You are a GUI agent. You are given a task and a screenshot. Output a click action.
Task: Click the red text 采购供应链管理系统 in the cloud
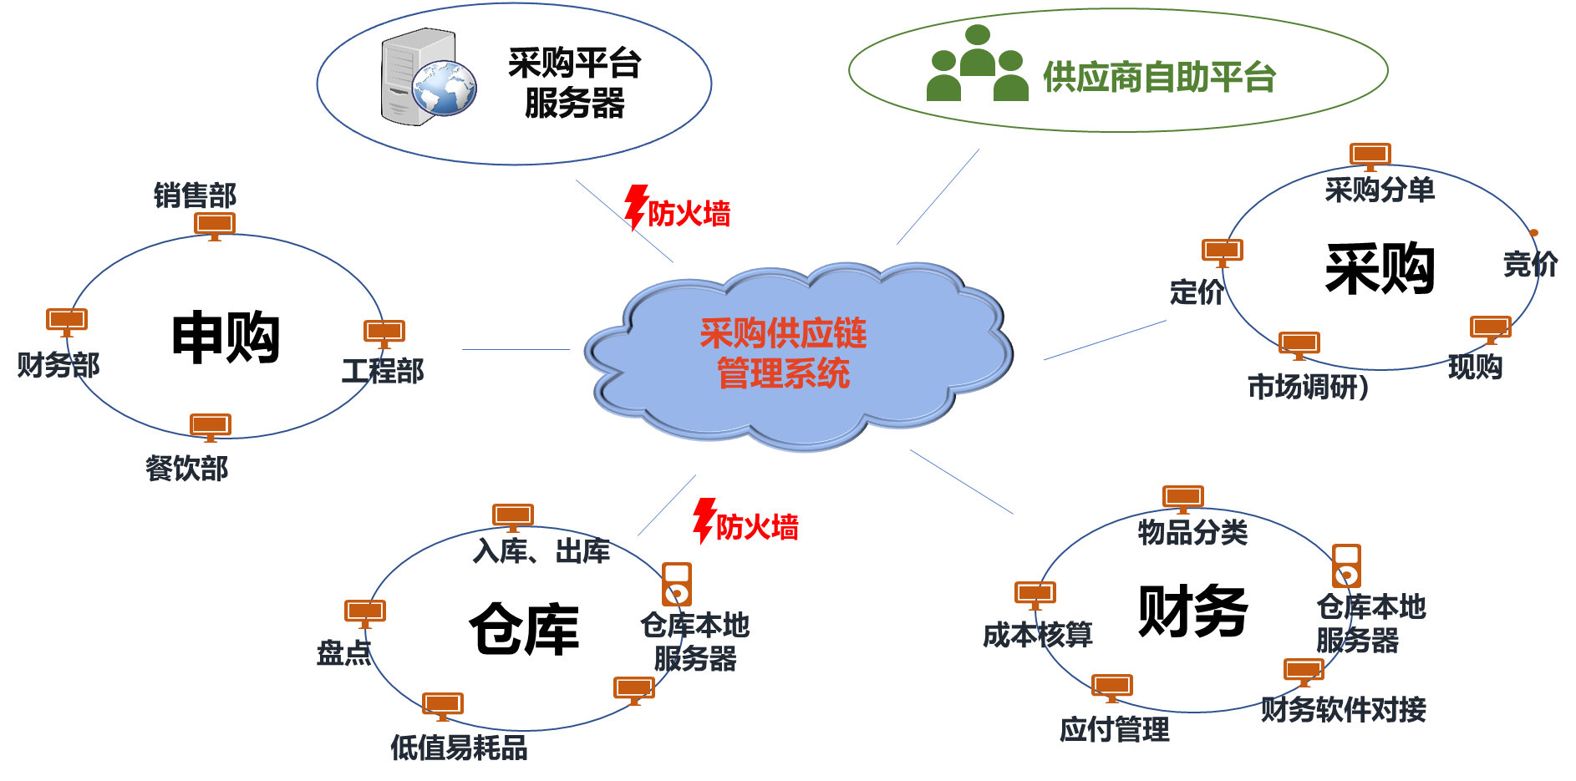pos(783,353)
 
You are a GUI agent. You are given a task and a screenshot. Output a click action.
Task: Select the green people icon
pos(977,64)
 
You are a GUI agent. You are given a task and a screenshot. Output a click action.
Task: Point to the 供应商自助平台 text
pos(1159,78)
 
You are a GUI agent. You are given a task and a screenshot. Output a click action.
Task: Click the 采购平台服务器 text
pos(574,84)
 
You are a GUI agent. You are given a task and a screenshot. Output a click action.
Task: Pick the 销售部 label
pos(195,195)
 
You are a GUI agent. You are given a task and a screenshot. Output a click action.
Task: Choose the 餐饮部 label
pos(187,469)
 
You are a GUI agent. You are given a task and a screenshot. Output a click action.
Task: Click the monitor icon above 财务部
pos(67,322)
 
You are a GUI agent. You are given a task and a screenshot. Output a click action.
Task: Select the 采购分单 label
pos(1380,190)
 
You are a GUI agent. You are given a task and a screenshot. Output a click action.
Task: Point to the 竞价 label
pos(1530,265)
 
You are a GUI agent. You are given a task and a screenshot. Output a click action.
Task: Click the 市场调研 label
pos(1307,387)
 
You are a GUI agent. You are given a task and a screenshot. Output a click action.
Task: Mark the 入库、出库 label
pos(541,551)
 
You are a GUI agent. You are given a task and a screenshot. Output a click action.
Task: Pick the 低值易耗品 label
pos(459,747)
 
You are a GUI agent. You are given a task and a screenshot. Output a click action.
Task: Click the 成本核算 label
pos(1038,636)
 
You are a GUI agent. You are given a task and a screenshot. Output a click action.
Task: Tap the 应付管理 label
pos(1115,730)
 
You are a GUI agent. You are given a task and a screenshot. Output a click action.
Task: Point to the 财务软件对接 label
pos(1343,710)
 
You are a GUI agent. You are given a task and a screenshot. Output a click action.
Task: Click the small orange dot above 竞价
pos(1534,232)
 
